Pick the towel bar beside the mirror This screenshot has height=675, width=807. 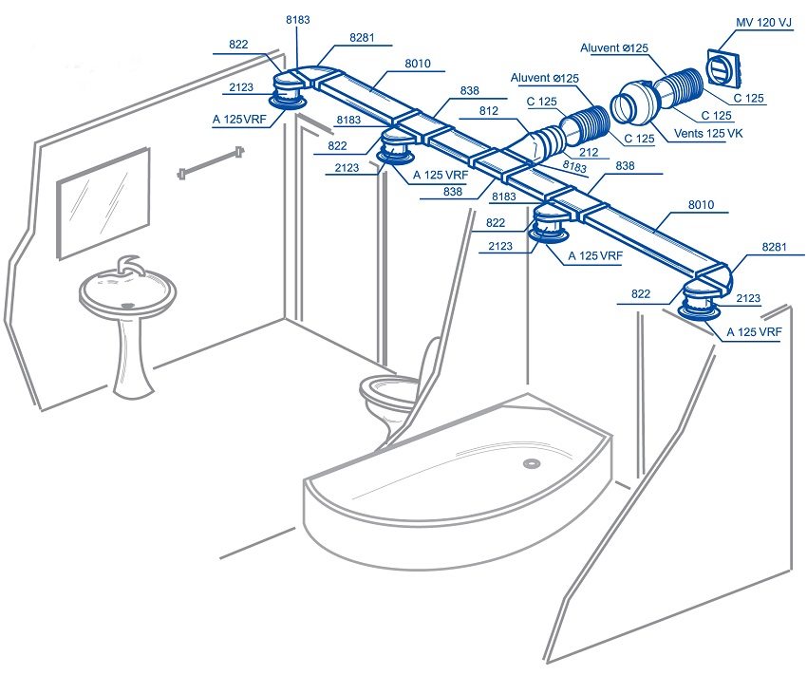click(211, 163)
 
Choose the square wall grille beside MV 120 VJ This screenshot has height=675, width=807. click(723, 66)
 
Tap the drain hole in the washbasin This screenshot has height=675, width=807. click(126, 306)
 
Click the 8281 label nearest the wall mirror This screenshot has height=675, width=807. click(361, 37)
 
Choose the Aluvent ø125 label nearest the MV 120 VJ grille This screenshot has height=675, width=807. click(613, 46)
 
